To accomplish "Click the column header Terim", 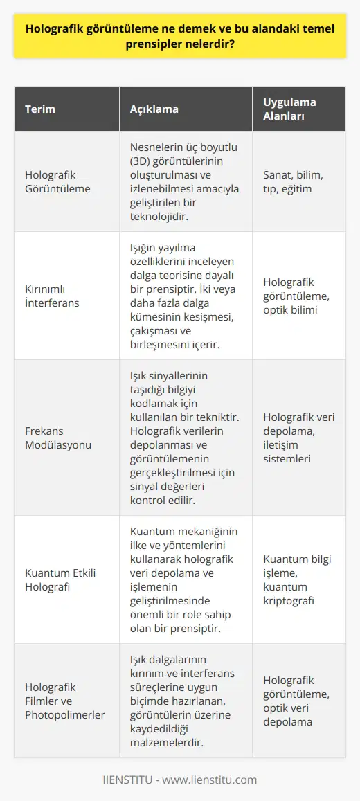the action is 40,109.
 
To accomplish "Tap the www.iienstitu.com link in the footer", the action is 210,780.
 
